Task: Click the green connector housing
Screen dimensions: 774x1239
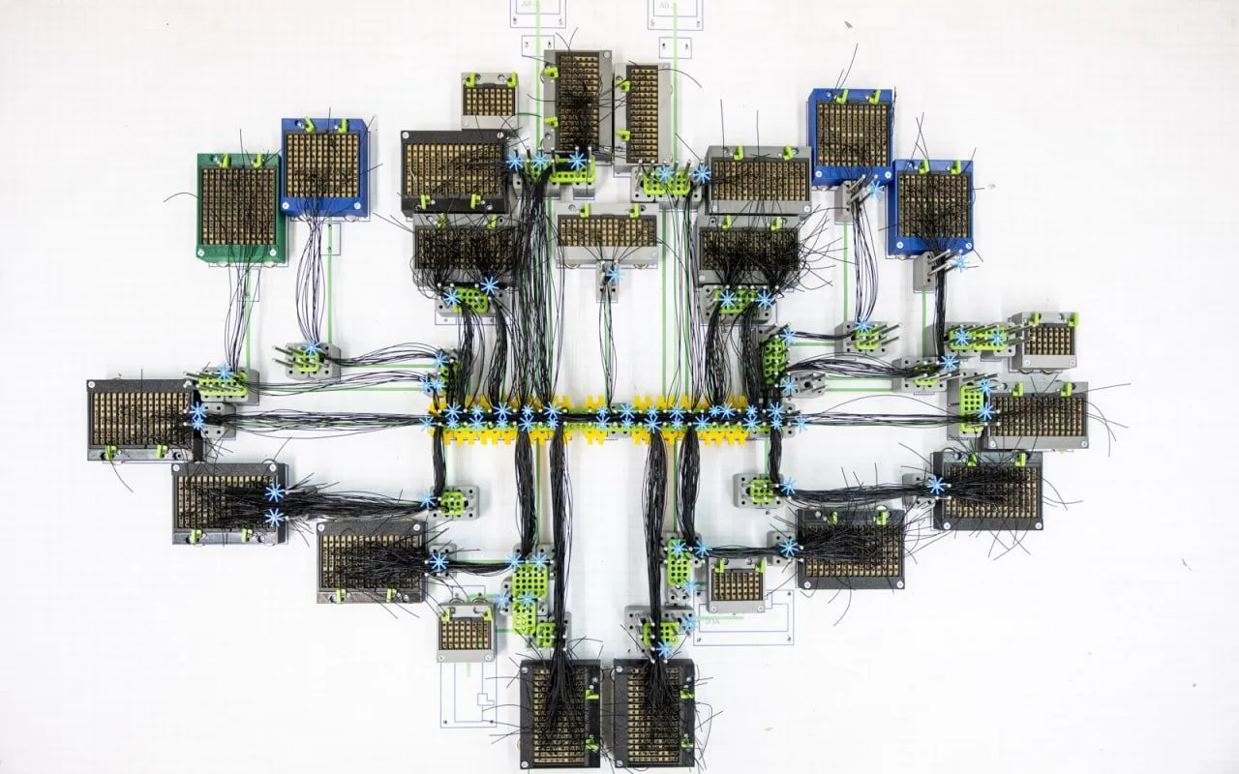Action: (x=240, y=207)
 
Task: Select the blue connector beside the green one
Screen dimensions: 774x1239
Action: (x=323, y=166)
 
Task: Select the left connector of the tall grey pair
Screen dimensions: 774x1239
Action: (x=577, y=106)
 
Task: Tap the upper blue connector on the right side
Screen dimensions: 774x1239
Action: (x=851, y=135)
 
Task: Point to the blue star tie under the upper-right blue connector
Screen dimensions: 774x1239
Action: (x=875, y=190)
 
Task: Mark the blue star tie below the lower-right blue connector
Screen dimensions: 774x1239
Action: (x=960, y=262)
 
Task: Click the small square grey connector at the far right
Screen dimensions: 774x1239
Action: (x=1046, y=340)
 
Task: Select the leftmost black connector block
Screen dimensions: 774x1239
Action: (x=141, y=419)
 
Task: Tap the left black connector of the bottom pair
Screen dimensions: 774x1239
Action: (x=559, y=714)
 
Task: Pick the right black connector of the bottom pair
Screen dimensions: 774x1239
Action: (x=654, y=714)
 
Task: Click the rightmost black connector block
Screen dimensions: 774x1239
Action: (x=1036, y=414)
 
